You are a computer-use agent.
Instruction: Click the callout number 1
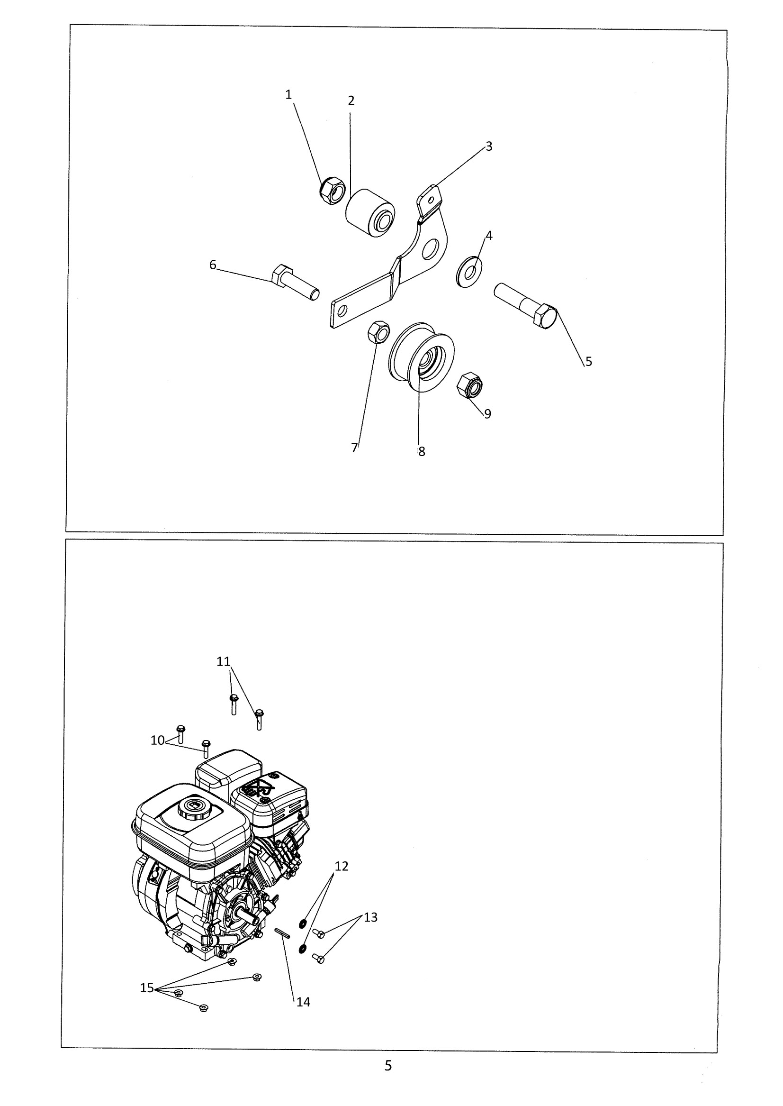[x=288, y=95]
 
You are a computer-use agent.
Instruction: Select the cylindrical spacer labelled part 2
[x=370, y=214]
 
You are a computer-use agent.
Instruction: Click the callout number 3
[x=489, y=146]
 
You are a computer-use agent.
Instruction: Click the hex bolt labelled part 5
[x=526, y=305]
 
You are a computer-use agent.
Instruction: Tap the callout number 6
[x=213, y=265]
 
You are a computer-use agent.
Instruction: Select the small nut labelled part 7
[x=378, y=331]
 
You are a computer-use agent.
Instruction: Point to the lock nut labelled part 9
[x=469, y=385]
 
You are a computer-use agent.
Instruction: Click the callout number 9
[x=487, y=413]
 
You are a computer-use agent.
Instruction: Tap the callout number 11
[x=223, y=662]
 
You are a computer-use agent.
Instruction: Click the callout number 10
[x=157, y=740]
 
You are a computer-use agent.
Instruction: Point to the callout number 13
[x=370, y=917]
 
